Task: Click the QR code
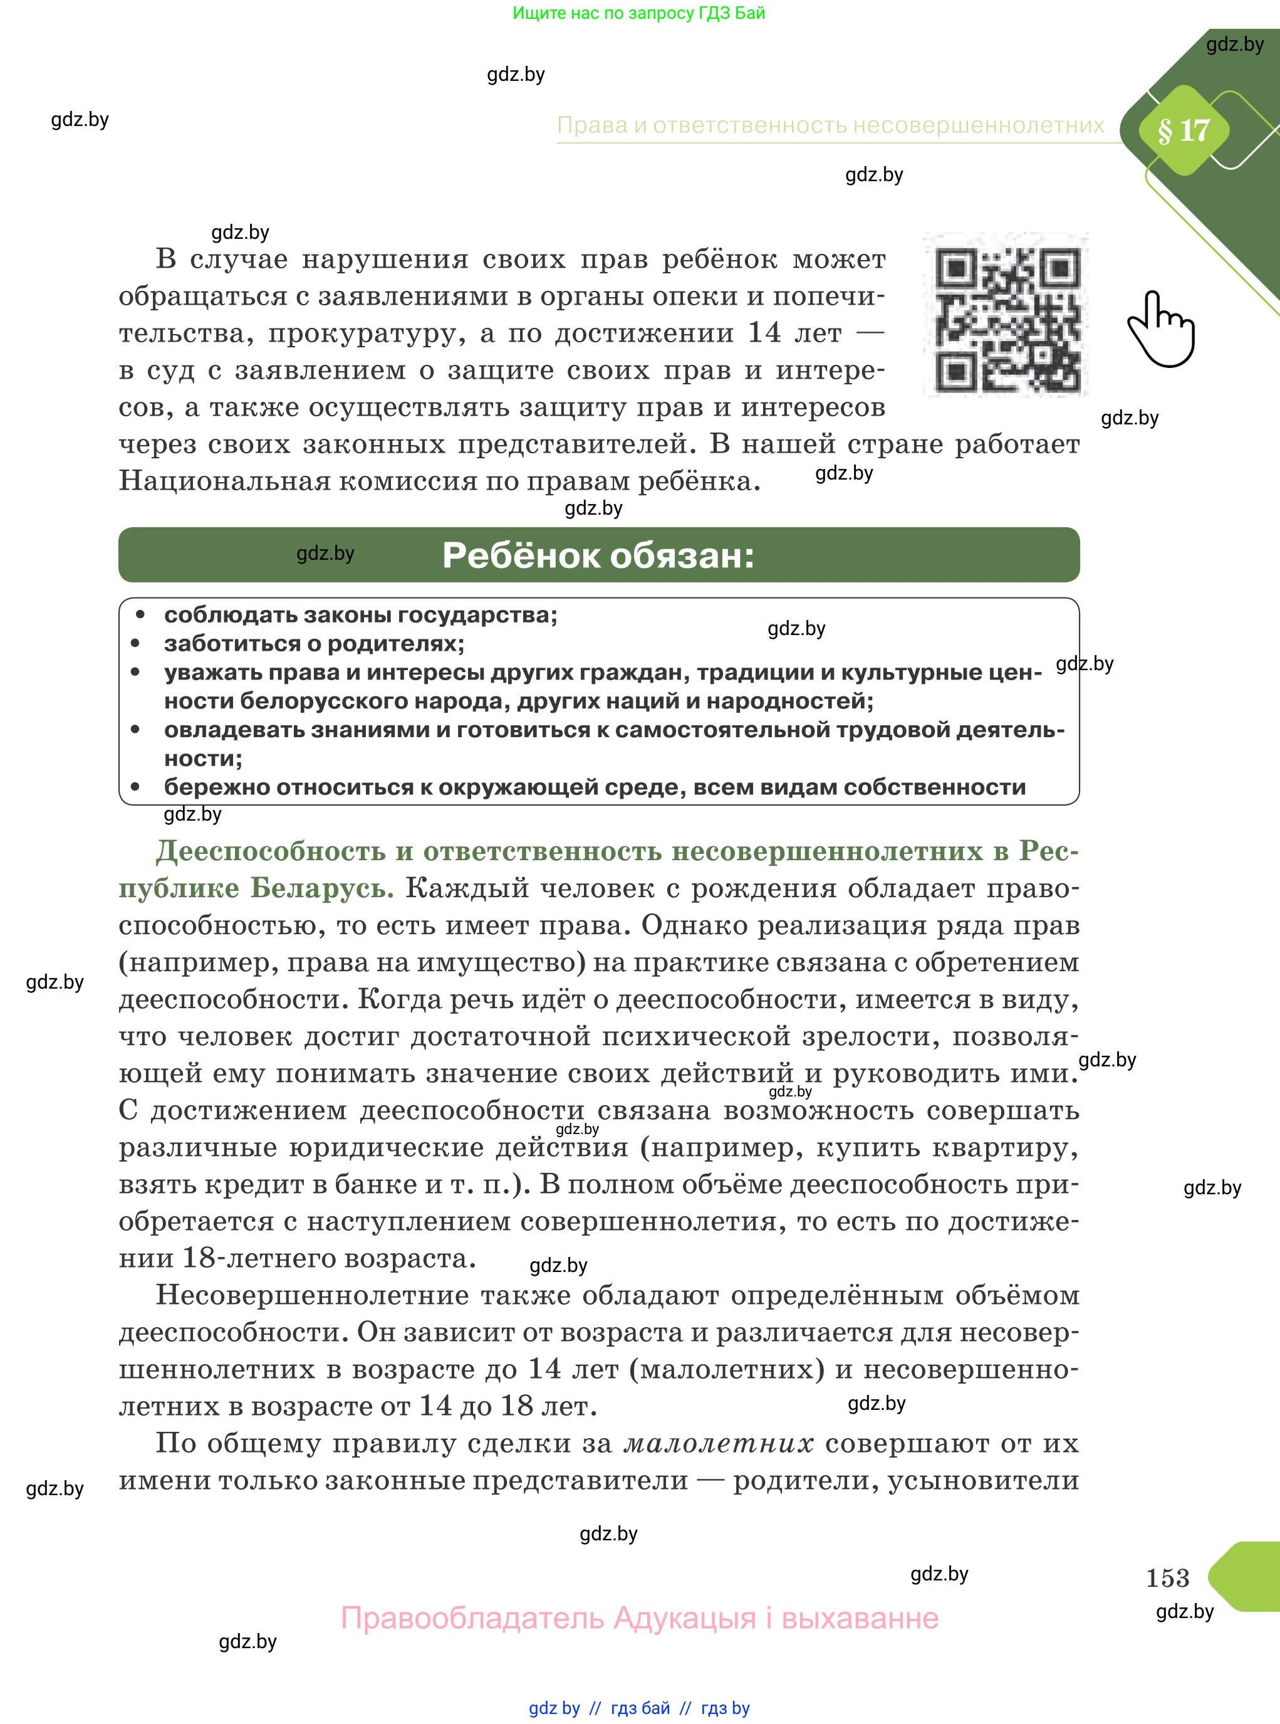pyautogui.click(x=1006, y=315)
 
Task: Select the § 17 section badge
pyautogui.click(x=1183, y=130)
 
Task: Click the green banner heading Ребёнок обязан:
pyautogui.click(x=598, y=555)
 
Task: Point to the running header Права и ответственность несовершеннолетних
pyautogui.click(x=831, y=125)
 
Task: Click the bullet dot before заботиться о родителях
pyautogui.click(x=135, y=643)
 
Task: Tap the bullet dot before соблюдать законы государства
pyautogui.click(x=140, y=615)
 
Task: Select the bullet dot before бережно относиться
pyautogui.click(x=135, y=787)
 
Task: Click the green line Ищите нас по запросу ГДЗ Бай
pyautogui.click(x=638, y=13)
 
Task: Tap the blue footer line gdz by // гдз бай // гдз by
pyautogui.click(x=639, y=1708)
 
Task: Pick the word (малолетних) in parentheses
pyautogui.click(x=727, y=1369)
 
